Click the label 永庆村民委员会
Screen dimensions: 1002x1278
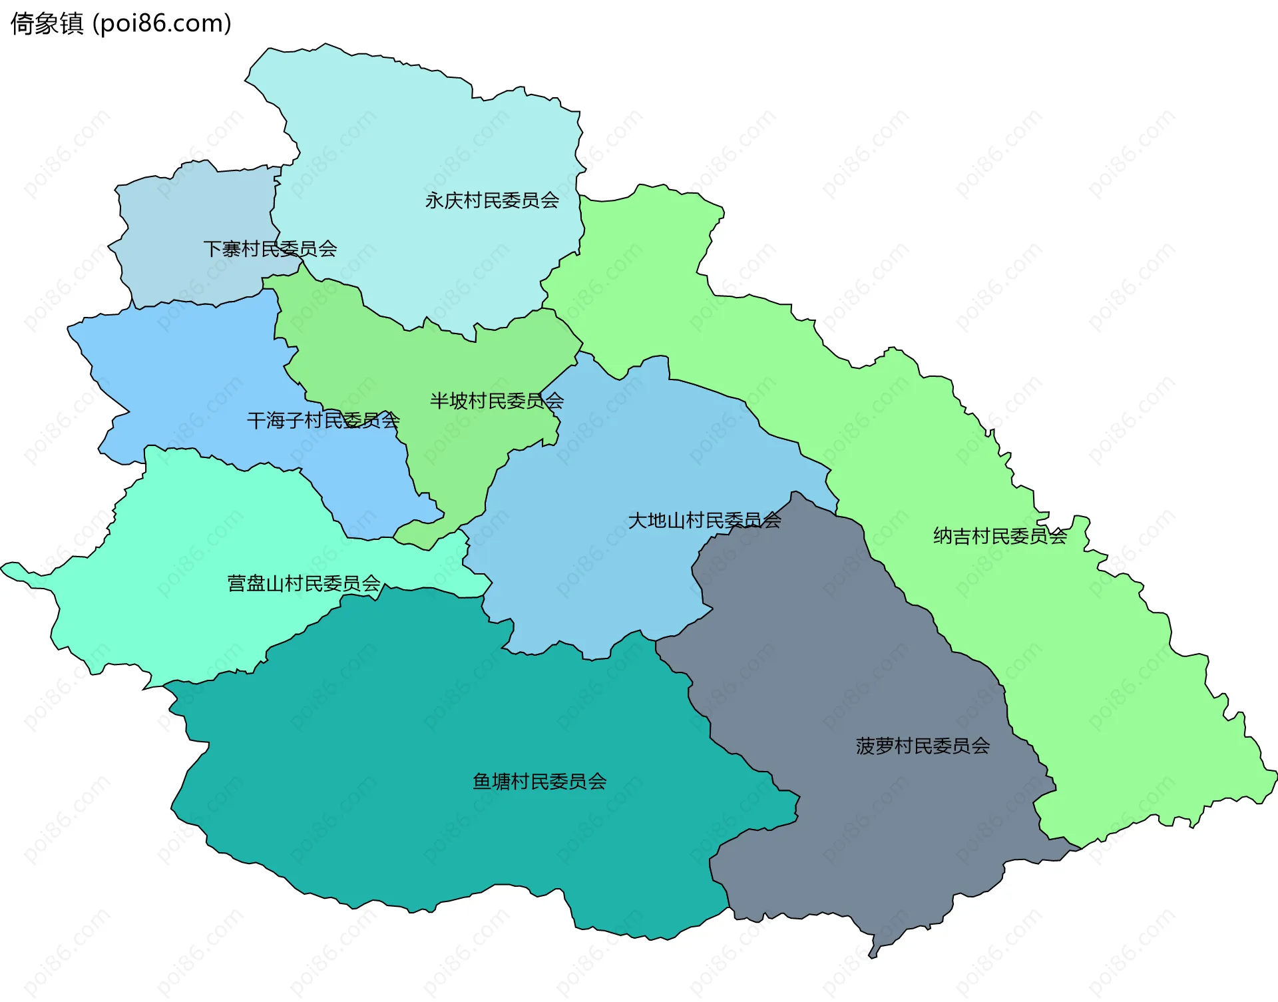(492, 200)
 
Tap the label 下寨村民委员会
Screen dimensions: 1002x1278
(270, 249)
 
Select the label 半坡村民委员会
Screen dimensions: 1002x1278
(497, 401)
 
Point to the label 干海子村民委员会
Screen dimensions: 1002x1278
(323, 420)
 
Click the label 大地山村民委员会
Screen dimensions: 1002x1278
(704, 521)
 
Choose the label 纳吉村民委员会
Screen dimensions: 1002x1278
(1000, 536)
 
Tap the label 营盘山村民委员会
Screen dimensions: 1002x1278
(304, 584)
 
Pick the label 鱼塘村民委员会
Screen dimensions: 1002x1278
(539, 781)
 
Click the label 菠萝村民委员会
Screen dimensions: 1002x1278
(923, 746)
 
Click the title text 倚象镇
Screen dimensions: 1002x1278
(47, 24)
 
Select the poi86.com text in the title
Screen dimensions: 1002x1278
(162, 24)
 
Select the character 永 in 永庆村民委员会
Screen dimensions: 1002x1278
(435, 200)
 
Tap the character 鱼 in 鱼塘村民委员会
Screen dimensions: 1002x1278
(482, 781)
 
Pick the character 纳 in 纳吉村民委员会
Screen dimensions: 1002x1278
(943, 536)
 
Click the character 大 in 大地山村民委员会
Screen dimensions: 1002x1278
(638, 521)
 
